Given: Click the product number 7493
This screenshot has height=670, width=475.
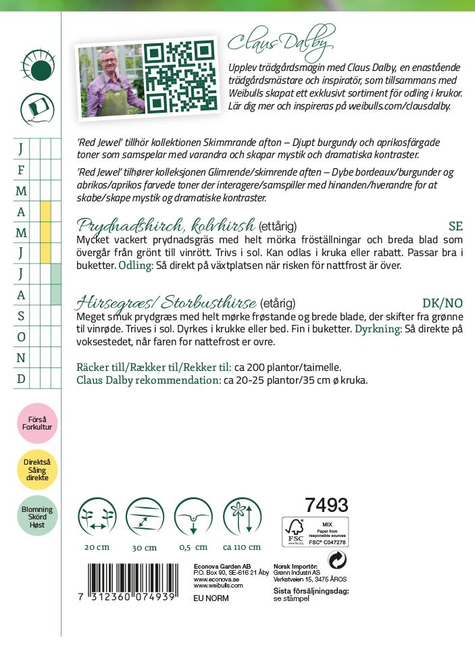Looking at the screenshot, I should (326, 505).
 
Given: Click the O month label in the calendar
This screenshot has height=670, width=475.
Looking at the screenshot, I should (21, 337).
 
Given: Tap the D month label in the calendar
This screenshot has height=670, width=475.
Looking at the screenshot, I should (21, 379).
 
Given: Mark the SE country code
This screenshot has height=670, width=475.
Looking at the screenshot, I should (455, 226).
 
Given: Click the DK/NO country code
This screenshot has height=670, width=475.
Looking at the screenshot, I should (443, 303).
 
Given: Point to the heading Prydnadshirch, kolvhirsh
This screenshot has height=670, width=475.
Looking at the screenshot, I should (166, 225).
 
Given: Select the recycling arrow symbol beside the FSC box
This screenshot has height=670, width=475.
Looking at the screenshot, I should (336, 560).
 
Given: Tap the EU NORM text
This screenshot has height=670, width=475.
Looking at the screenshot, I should (211, 598).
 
